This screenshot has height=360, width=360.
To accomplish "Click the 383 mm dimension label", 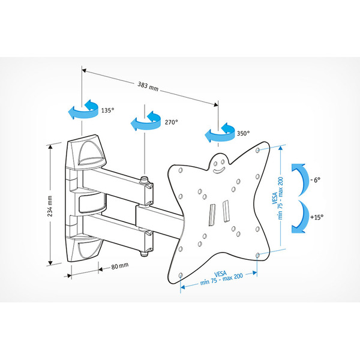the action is [x=148, y=86].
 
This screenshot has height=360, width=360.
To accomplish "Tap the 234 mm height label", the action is [x=50, y=206].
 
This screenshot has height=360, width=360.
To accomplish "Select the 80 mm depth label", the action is [x=120, y=266].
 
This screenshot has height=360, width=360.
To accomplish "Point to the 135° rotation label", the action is [x=107, y=110].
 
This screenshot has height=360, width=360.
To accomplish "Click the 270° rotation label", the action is [x=171, y=122].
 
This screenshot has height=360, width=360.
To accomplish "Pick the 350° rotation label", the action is [x=244, y=133].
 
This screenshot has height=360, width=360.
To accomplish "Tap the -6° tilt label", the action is [x=316, y=180].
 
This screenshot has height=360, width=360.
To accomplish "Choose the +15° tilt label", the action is [x=317, y=217].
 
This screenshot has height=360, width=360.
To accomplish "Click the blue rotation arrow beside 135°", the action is [x=83, y=109].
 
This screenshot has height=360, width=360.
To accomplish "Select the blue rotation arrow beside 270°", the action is [x=146, y=121].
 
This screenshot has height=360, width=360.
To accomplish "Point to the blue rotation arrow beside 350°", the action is [x=220, y=133].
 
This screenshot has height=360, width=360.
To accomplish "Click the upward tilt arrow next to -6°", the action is [x=299, y=180].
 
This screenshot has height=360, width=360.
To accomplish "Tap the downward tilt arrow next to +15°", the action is [x=299, y=217].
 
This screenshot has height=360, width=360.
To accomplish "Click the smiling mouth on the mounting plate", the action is [x=218, y=170].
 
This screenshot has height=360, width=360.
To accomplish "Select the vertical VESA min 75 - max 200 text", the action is [x=277, y=198].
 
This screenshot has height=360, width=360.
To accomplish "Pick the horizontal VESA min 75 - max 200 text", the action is [x=221, y=278].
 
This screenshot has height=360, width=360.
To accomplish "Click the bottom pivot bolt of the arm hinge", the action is [x=145, y=254].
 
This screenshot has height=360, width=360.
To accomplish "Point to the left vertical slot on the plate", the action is [x=212, y=215].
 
